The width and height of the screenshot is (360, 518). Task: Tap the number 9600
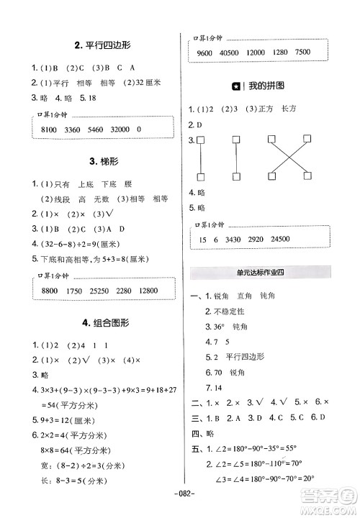pyautogui.click(x=204, y=53)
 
